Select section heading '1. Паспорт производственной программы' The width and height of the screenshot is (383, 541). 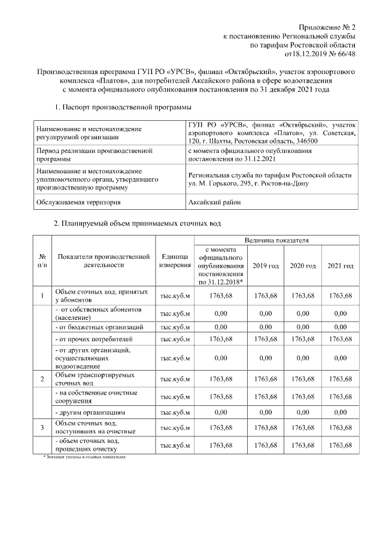click(123, 107)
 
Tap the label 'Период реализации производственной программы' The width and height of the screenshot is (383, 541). click(87, 155)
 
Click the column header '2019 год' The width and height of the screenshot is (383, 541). click(266, 265)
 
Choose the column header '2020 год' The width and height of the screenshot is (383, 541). click(303, 265)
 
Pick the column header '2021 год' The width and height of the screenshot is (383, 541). click(340, 265)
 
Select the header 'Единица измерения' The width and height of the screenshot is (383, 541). click(175, 261)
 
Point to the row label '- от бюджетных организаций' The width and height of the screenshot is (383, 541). click(99, 327)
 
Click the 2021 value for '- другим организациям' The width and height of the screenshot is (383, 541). click(340, 412)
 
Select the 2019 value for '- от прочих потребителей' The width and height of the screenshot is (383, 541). click(266, 340)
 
